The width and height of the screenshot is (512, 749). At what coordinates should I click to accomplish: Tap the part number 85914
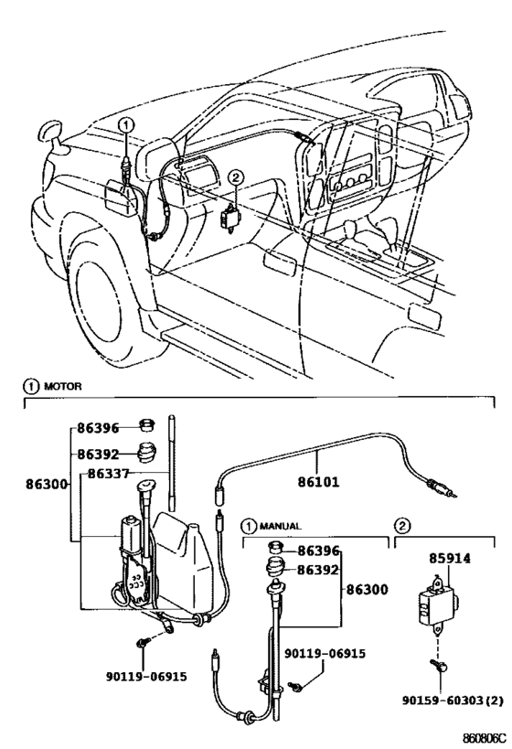pyautogui.click(x=449, y=558)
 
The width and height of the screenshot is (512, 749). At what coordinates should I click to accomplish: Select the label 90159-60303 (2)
pyautogui.click(x=453, y=701)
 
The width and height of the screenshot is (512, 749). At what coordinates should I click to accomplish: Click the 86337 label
pyautogui.click(x=109, y=474)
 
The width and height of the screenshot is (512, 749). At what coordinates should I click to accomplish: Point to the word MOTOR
pyautogui.click(x=62, y=386)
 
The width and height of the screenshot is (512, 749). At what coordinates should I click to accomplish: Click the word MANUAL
pyautogui.click(x=280, y=527)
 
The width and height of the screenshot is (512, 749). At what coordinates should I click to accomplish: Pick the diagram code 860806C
pyautogui.click(x=484, y=736)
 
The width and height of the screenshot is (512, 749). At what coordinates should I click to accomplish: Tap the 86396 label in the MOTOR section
pyautogui.click(x=98, y=428)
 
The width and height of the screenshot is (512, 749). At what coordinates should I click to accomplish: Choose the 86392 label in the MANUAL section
pyautogui.click(x=318, y=570)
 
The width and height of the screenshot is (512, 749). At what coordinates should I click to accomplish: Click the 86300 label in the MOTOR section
pyautogui.click(x=46, y=485)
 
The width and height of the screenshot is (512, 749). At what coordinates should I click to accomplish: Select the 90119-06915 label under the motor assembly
pyautogui.click(x=146, y=677)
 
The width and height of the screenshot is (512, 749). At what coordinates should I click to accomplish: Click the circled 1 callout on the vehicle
pyautogui.click(x=126, y=125)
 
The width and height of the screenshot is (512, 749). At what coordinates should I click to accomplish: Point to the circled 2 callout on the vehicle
pyautogui.click(x=236, y=178)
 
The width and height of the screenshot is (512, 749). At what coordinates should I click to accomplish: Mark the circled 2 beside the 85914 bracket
pyautogui.click(x=401, y=527)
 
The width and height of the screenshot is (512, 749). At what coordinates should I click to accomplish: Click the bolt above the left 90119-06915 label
pyautogui.click(x=143, y=643)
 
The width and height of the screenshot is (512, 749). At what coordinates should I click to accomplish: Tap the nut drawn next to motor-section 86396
pyautogui.click(x=147, y=424)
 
